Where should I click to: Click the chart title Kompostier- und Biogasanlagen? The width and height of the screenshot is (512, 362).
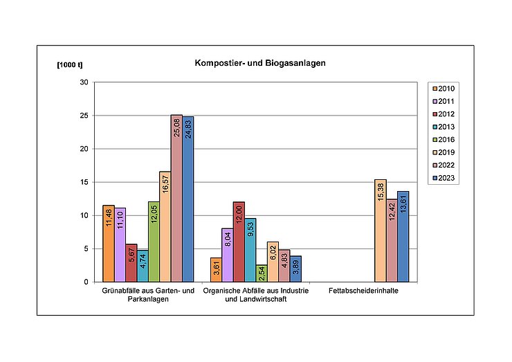[x=260, y=63]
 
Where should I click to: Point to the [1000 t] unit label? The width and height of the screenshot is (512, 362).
[x=69, y=64]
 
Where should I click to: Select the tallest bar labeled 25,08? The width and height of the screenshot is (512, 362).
[x=176, y=201]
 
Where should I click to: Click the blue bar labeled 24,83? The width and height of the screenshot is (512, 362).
[x=188, y=201]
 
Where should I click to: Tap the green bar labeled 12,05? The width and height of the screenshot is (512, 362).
[x=154, y=242]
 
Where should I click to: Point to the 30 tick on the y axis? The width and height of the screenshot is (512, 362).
[x=84, y=82]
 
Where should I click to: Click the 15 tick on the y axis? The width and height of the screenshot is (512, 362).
[x=84, y=182]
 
